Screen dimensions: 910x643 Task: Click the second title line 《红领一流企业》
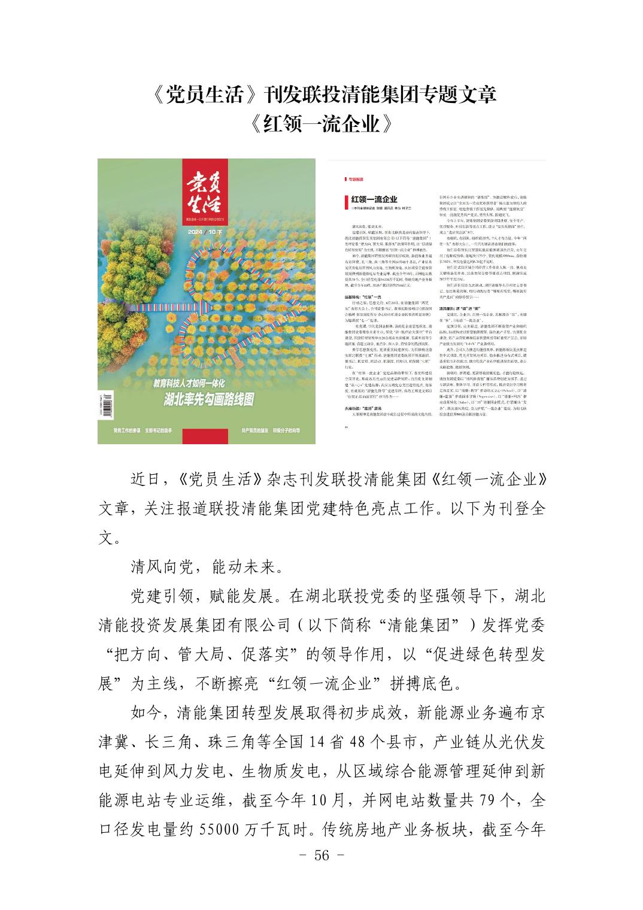tap(321, 123)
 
